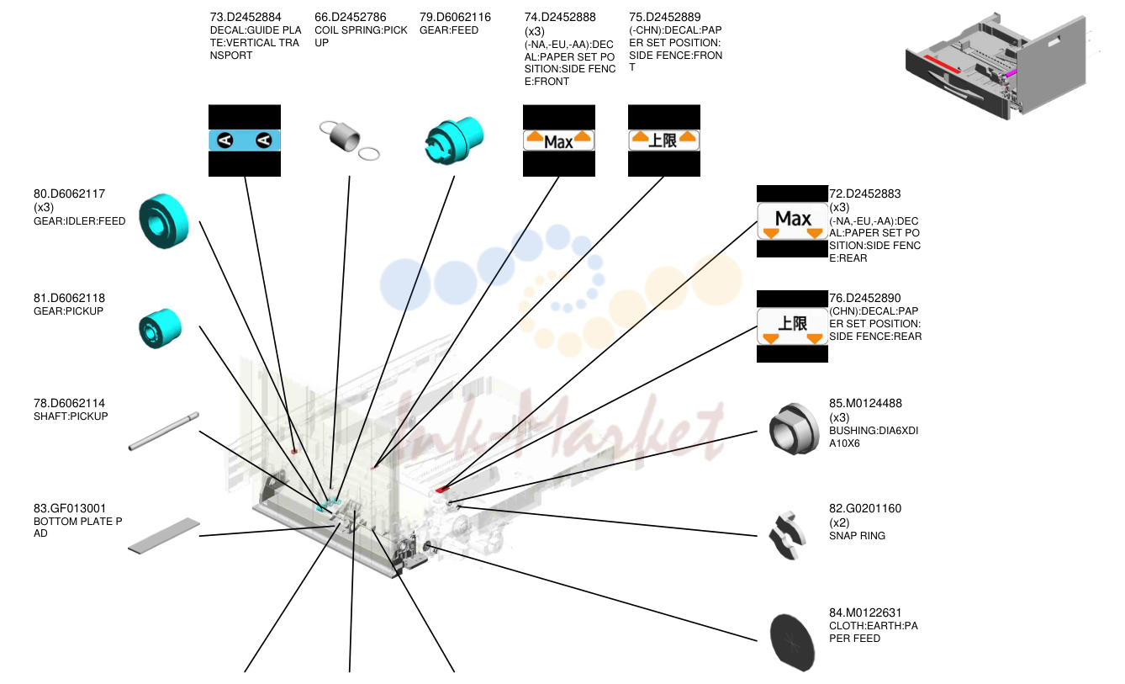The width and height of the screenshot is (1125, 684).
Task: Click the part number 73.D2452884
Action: (245, 17)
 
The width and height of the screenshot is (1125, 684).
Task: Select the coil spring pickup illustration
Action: (349, 141)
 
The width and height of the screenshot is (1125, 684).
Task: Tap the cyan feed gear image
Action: (454, 141)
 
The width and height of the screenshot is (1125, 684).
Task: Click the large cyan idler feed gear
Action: (164, 220)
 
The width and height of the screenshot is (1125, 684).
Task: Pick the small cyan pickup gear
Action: (161, 328)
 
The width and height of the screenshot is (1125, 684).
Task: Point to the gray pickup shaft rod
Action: (164, 432)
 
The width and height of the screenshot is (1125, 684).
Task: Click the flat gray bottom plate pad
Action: (164, 536)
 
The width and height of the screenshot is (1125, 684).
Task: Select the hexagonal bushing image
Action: (793, 429)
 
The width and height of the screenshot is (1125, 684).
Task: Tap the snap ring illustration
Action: (788, 536)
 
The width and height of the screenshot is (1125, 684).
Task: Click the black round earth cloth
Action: (793, 642)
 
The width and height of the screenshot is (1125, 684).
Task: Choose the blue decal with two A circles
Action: (245, 141)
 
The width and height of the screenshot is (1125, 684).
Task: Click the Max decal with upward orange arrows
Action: (559, 141)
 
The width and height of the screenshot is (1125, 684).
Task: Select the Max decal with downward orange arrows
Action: (793, 221)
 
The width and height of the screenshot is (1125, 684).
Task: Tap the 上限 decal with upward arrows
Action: (664, 141)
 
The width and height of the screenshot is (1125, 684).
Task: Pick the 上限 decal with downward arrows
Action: (793, 326)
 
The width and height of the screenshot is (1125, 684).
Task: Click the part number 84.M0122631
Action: (865, 612)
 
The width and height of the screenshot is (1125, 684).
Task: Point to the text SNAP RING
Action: (857, 536)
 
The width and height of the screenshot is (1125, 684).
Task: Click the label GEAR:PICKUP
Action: (68, 311)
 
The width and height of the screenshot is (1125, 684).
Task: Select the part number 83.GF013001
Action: (70, 508)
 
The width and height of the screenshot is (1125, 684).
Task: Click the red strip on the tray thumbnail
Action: (942, 64)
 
